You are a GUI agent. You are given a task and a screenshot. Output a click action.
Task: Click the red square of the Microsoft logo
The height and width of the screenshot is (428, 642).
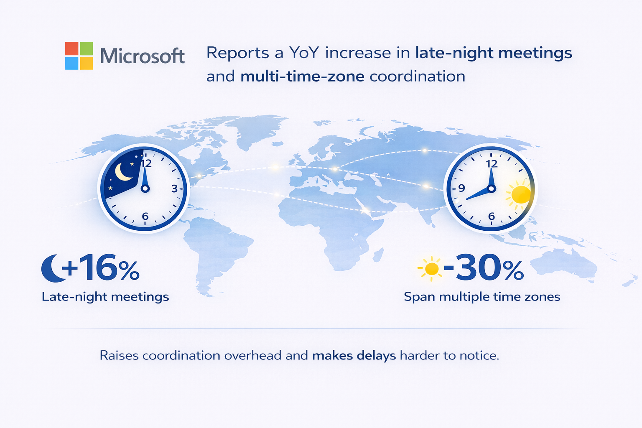click(71, 48)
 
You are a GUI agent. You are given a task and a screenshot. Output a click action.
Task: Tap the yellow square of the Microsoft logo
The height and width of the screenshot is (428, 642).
click(86, 63)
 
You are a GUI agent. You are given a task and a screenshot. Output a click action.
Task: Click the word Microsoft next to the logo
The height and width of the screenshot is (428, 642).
click(143, 56)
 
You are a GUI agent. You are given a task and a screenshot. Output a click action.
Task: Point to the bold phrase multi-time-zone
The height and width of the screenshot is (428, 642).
click(302, 76)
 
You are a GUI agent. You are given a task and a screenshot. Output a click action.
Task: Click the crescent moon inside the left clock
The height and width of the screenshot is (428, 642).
click(122, 172)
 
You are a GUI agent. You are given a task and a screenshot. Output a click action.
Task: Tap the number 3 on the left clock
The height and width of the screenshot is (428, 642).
click(175, 189)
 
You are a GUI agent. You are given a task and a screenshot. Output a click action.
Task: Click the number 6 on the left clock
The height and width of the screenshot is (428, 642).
click(145, 216)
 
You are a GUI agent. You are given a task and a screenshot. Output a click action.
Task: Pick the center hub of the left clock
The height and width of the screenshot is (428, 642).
click(145, 189)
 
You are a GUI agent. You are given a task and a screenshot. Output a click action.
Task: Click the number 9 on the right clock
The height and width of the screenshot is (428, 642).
click(461, 188)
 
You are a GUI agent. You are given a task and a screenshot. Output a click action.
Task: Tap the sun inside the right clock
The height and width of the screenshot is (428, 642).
click(520, 194)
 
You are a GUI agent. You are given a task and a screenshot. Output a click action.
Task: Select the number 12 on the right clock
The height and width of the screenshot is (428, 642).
click(492, 164)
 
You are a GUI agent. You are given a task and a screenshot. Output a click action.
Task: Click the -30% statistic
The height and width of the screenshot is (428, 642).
click(484, 267)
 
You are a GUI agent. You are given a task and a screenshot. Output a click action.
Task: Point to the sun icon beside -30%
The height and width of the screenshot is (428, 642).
click(431, 269)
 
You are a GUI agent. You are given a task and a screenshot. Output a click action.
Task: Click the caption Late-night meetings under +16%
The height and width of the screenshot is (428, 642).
click(105, 297)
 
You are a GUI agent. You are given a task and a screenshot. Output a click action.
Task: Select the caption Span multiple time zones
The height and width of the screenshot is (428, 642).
click(482, 297)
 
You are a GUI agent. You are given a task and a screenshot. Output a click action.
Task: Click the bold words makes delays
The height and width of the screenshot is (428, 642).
click(354, 356)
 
